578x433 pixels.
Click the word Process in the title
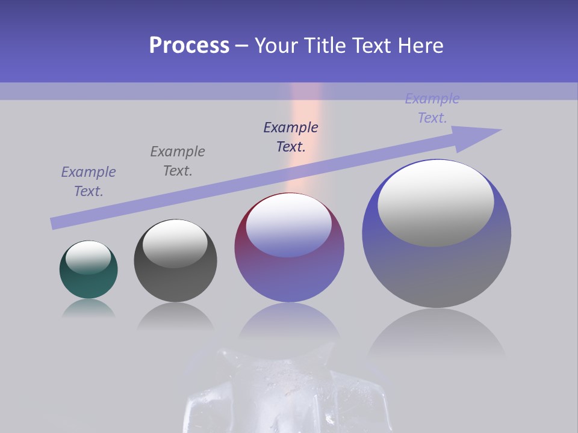pyautogui.click(x=189, y=46)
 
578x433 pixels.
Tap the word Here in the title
pyautogui.click(x=420, y=46)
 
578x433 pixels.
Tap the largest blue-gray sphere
pyautogui.click(x=437, y=271)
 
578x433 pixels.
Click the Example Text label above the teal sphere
pyautogui.click(x=89, y=182)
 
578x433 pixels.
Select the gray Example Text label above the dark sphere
pyautogui.click(x=177, y=161)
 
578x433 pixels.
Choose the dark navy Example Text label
pyautogui.click(x=291, y=137)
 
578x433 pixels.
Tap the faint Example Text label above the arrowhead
pyautogui.click(x=432, y=108)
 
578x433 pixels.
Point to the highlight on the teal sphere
pyautogui.click(x=88, y=257)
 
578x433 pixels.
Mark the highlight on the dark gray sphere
pyautogui.click(x=175, y=243)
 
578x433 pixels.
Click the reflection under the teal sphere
pyautogui.click(x=89, y=308)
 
